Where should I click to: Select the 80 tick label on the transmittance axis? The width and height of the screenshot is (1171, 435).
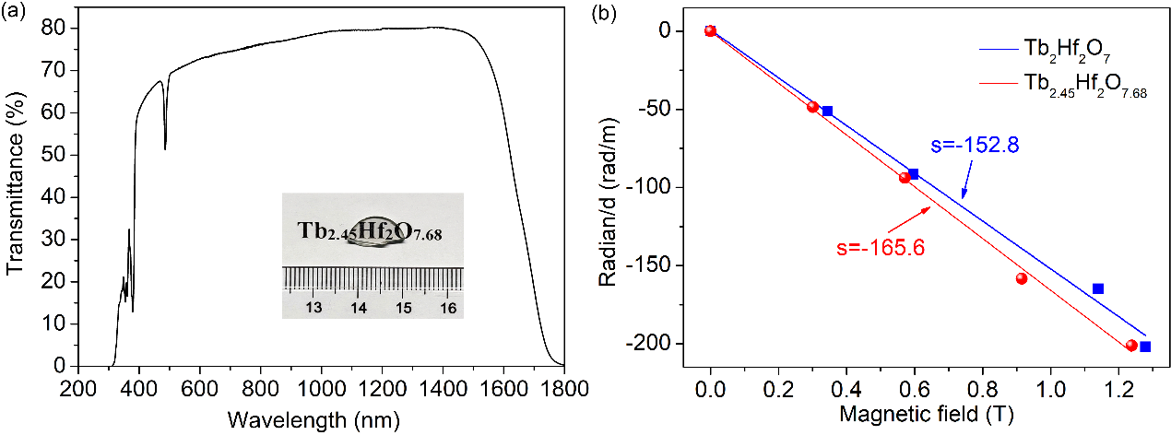tap(54, 28)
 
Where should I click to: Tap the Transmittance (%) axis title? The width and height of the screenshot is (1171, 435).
tap(15, 197)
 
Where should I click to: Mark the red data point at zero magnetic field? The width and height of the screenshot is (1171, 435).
tap(710, 30)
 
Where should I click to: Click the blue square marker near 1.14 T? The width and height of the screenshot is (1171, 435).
tap(1098, 288)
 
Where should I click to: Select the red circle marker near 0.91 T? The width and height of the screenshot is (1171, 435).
tap(1021, 278)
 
